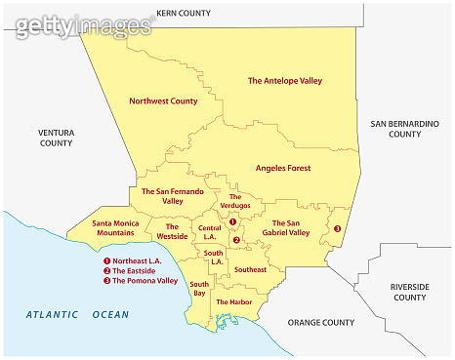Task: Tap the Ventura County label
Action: tap(56, 137)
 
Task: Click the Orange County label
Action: tap(320, 322)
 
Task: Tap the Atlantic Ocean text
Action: tap(77, 314)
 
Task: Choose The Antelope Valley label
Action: tap(285, 81)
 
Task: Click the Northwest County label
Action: tap(163, 100)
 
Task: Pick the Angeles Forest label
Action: tap(283, 168)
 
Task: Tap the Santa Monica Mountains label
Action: tap(115, 228)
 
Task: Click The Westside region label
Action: tap(172, 231)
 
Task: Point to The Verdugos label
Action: tap(240, 201)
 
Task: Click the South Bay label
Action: tap(199, 288)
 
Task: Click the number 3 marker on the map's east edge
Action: tap(337, 229)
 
